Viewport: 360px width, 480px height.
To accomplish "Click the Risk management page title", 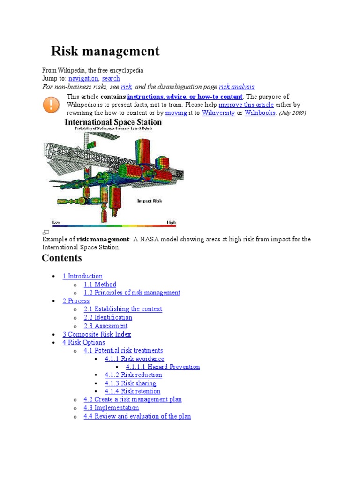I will [105, 51].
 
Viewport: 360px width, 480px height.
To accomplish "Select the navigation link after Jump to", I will [83, 78].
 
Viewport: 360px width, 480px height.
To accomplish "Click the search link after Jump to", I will [111, 78].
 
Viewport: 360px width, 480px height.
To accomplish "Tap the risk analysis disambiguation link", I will [237, 87].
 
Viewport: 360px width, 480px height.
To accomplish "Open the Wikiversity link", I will [218, 113].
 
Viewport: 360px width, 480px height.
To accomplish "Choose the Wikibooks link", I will [260, 113].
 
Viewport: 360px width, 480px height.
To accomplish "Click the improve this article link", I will [246, 105].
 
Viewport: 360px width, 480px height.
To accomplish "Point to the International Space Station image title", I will [113, 123].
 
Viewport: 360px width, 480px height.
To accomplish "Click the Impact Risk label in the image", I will [150, 201].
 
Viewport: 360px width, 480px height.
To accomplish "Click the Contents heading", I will [62, 258].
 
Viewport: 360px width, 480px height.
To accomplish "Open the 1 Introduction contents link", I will [82, 276].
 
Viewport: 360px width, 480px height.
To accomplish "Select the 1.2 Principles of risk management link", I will [132, 292].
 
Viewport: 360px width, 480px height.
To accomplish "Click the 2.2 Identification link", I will [108, 317].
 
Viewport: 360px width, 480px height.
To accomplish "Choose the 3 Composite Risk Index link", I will [97, 334].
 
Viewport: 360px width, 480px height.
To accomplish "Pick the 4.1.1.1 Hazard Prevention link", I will [163, 367].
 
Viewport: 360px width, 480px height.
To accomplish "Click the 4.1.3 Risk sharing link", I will [130, 383].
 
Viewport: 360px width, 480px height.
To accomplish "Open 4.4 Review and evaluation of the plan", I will [137, 416].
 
